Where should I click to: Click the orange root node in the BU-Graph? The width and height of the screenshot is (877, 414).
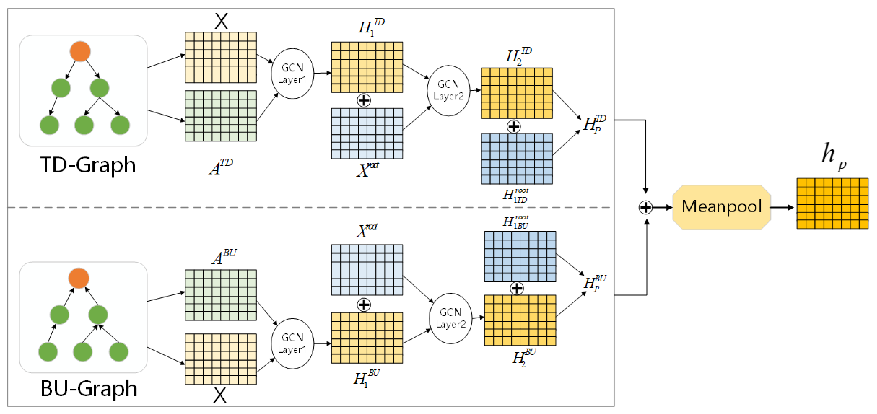click(79, 278)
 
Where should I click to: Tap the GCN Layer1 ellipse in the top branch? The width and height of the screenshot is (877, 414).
click(292, 74)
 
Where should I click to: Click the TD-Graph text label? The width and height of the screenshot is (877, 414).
click(88, 165)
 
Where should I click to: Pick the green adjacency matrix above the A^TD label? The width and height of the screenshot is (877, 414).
click(221, 116)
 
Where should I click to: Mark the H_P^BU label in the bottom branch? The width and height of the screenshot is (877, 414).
click(595, 283)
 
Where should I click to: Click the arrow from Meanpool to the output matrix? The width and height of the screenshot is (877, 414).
click(782, 208)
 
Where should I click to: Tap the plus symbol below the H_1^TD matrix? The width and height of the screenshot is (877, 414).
click(364, 100)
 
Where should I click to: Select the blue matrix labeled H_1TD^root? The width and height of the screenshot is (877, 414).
click(516, 158)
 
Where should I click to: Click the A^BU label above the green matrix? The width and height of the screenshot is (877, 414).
click(224, 257)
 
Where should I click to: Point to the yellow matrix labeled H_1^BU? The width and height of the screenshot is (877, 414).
click(367, 338)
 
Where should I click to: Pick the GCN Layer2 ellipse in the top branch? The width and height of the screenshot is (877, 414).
click(448, 91)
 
